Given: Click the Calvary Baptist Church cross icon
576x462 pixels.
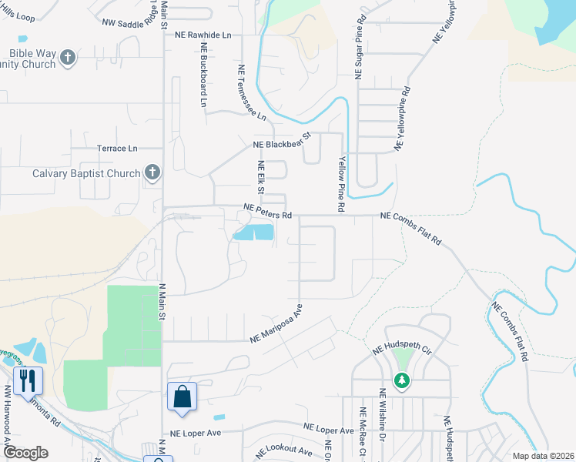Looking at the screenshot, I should point(152,173).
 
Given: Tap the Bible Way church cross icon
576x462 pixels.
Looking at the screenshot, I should point(68,58).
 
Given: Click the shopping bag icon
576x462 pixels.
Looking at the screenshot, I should point(183,397).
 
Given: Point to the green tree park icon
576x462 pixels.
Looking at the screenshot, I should point(401,380).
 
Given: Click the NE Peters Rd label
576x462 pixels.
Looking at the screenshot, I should point(268,207).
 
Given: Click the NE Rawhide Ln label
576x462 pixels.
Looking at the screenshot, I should point(203,35).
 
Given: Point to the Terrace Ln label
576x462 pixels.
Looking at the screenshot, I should point(117,148).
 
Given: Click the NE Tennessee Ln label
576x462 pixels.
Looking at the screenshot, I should point(251,92).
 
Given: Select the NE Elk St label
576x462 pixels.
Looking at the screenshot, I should point(261,178).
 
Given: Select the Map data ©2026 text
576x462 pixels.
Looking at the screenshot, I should point(543,456).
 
